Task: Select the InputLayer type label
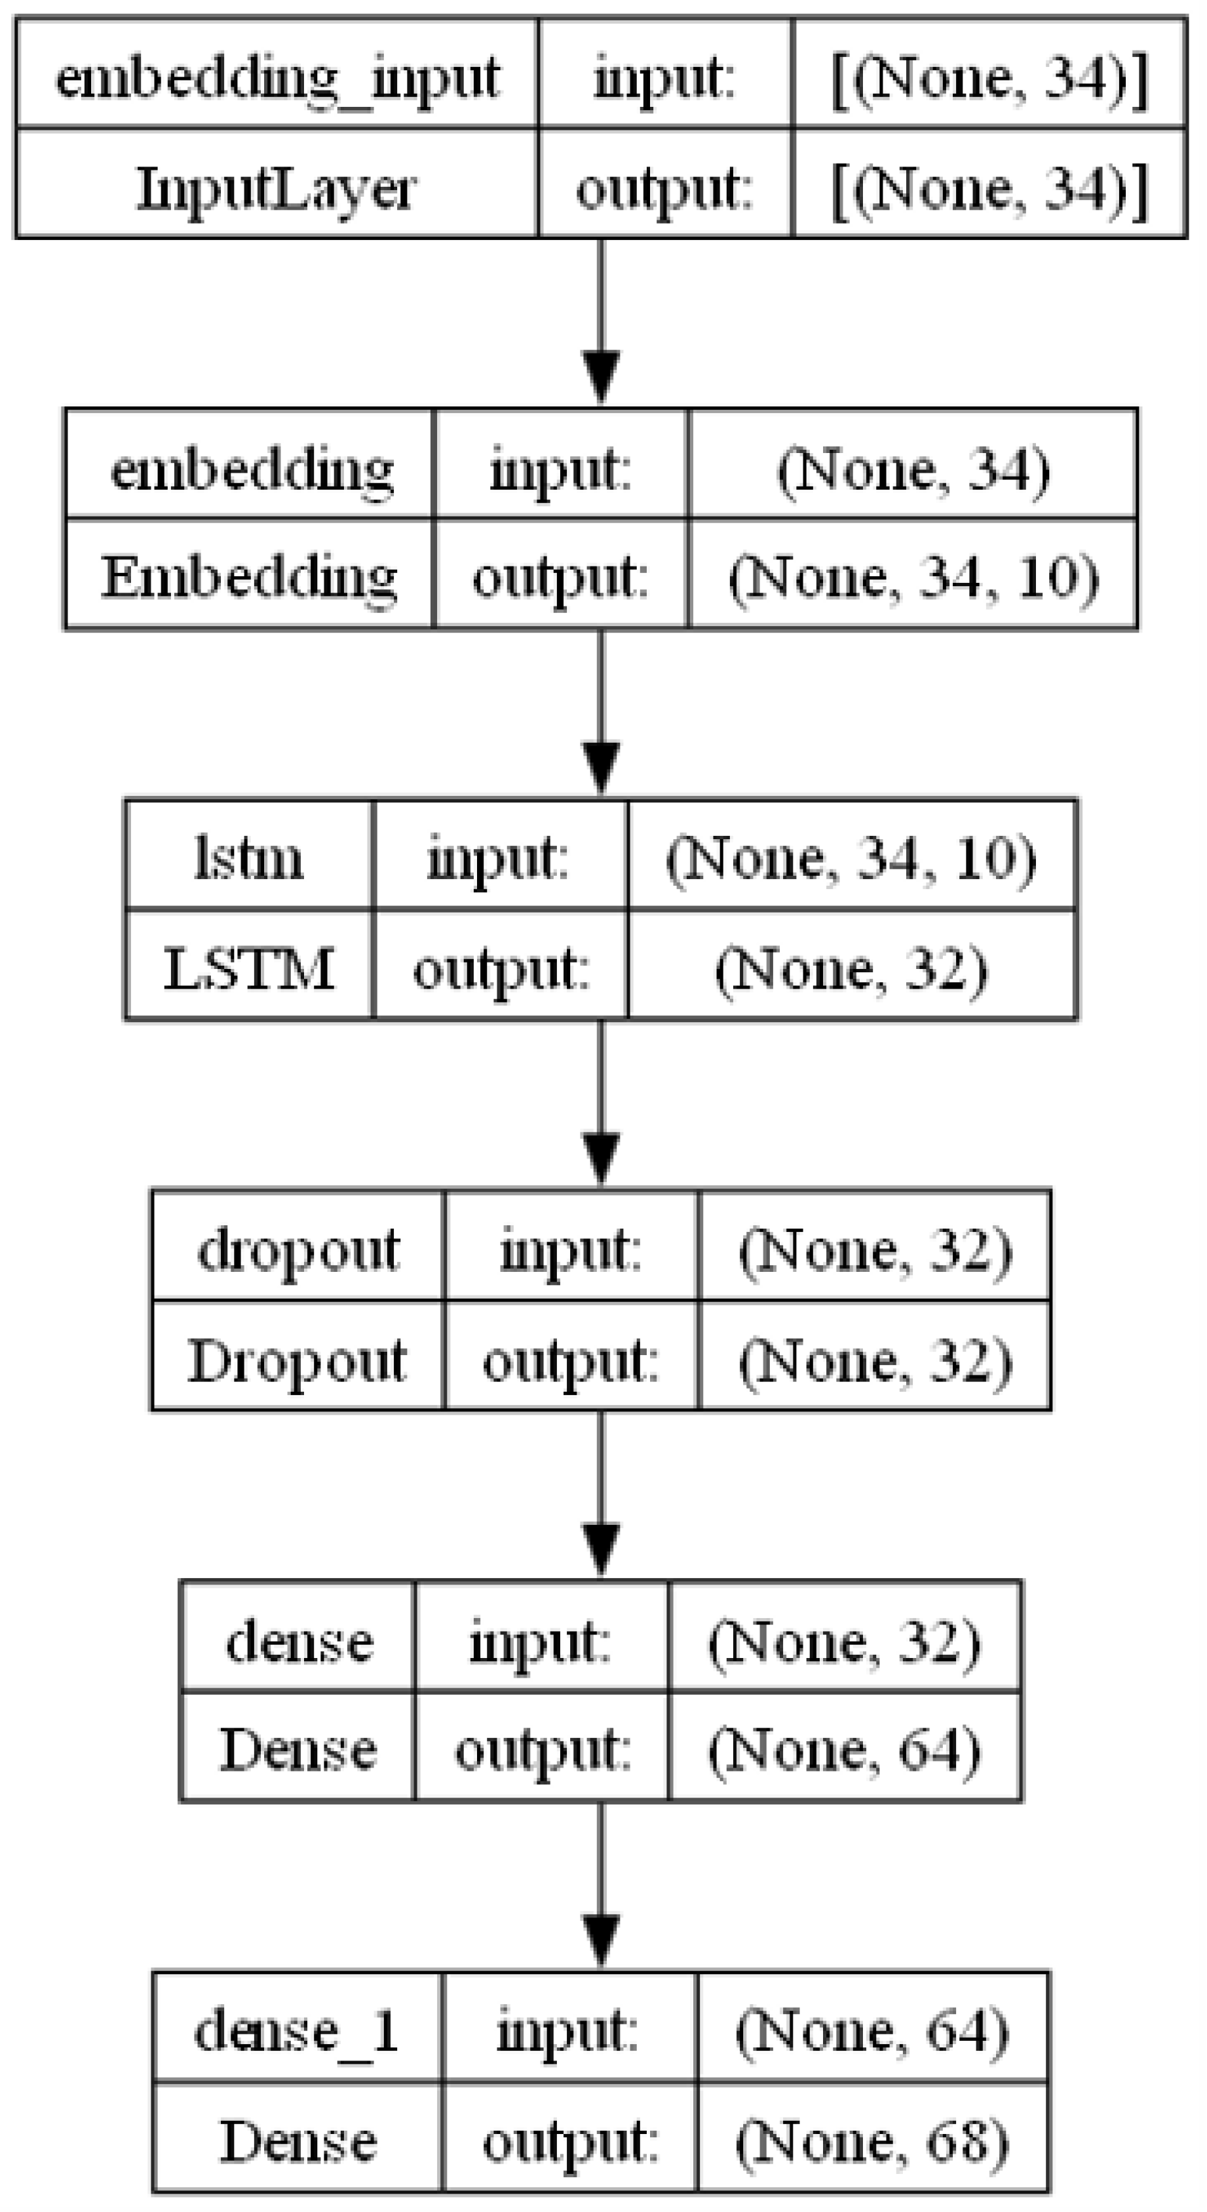(277, 188)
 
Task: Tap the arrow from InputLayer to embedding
(601, 323)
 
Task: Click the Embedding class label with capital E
(249, 576)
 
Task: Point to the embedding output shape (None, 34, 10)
(913, 576)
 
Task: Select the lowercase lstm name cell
(249, 857)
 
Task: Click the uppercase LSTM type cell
(249, 968)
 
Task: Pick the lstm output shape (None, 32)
(852, 968)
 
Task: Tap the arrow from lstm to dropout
(601, 1104)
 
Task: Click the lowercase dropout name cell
(298, 1250)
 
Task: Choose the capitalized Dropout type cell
(298, 1360)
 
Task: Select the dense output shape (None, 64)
(845, 1749)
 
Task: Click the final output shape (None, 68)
(872, 2141)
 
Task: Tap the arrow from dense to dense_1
(601, 1886)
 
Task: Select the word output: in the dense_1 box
(570, 2141)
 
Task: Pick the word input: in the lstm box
(499, 857)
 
